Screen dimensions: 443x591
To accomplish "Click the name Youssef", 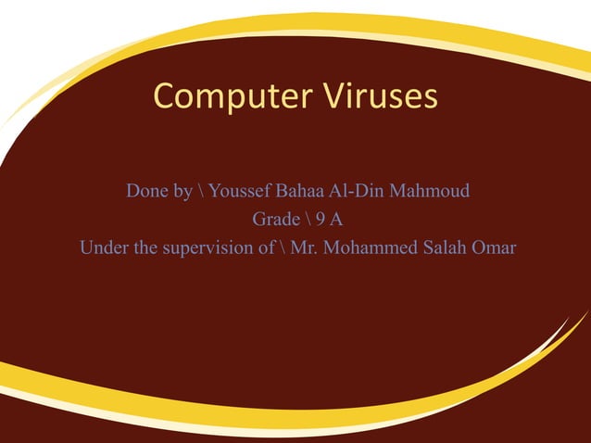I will pos(240,192).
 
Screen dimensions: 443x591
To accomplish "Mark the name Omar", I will pos(495,248).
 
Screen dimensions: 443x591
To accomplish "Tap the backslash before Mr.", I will pos(281,248).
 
